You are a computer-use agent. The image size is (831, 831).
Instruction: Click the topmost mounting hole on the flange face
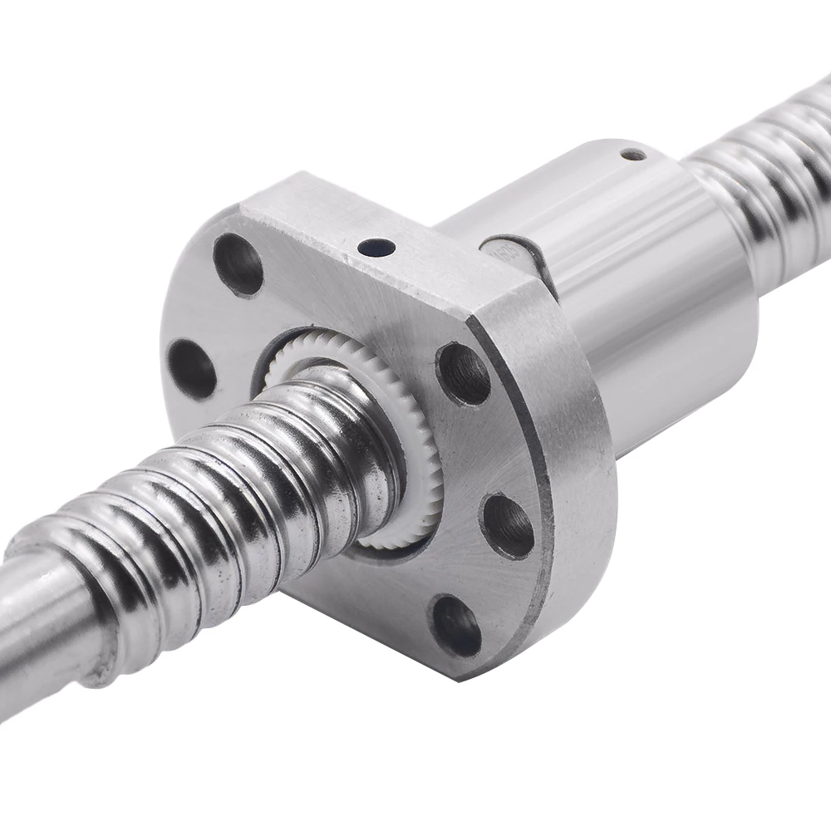[x=238, y=264]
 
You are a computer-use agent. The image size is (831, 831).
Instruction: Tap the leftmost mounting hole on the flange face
[x=192, y=368]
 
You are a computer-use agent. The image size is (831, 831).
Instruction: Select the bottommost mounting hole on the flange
[x=455, y=625]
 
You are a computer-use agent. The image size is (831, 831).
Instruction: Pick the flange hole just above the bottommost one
[x=507, y=525]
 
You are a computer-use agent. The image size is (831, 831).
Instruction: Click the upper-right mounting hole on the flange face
[x=463, y=372]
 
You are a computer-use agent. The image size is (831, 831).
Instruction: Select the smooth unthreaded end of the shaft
[x=42, y=632]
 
